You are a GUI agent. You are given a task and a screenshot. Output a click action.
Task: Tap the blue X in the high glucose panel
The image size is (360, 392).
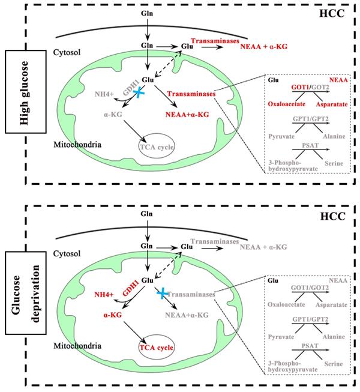[x=139, y=92]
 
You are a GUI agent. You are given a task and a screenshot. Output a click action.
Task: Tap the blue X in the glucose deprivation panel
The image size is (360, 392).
[x=160, y=292]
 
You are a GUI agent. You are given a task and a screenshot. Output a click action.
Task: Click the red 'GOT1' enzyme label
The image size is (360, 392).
[x=294, y=88]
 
